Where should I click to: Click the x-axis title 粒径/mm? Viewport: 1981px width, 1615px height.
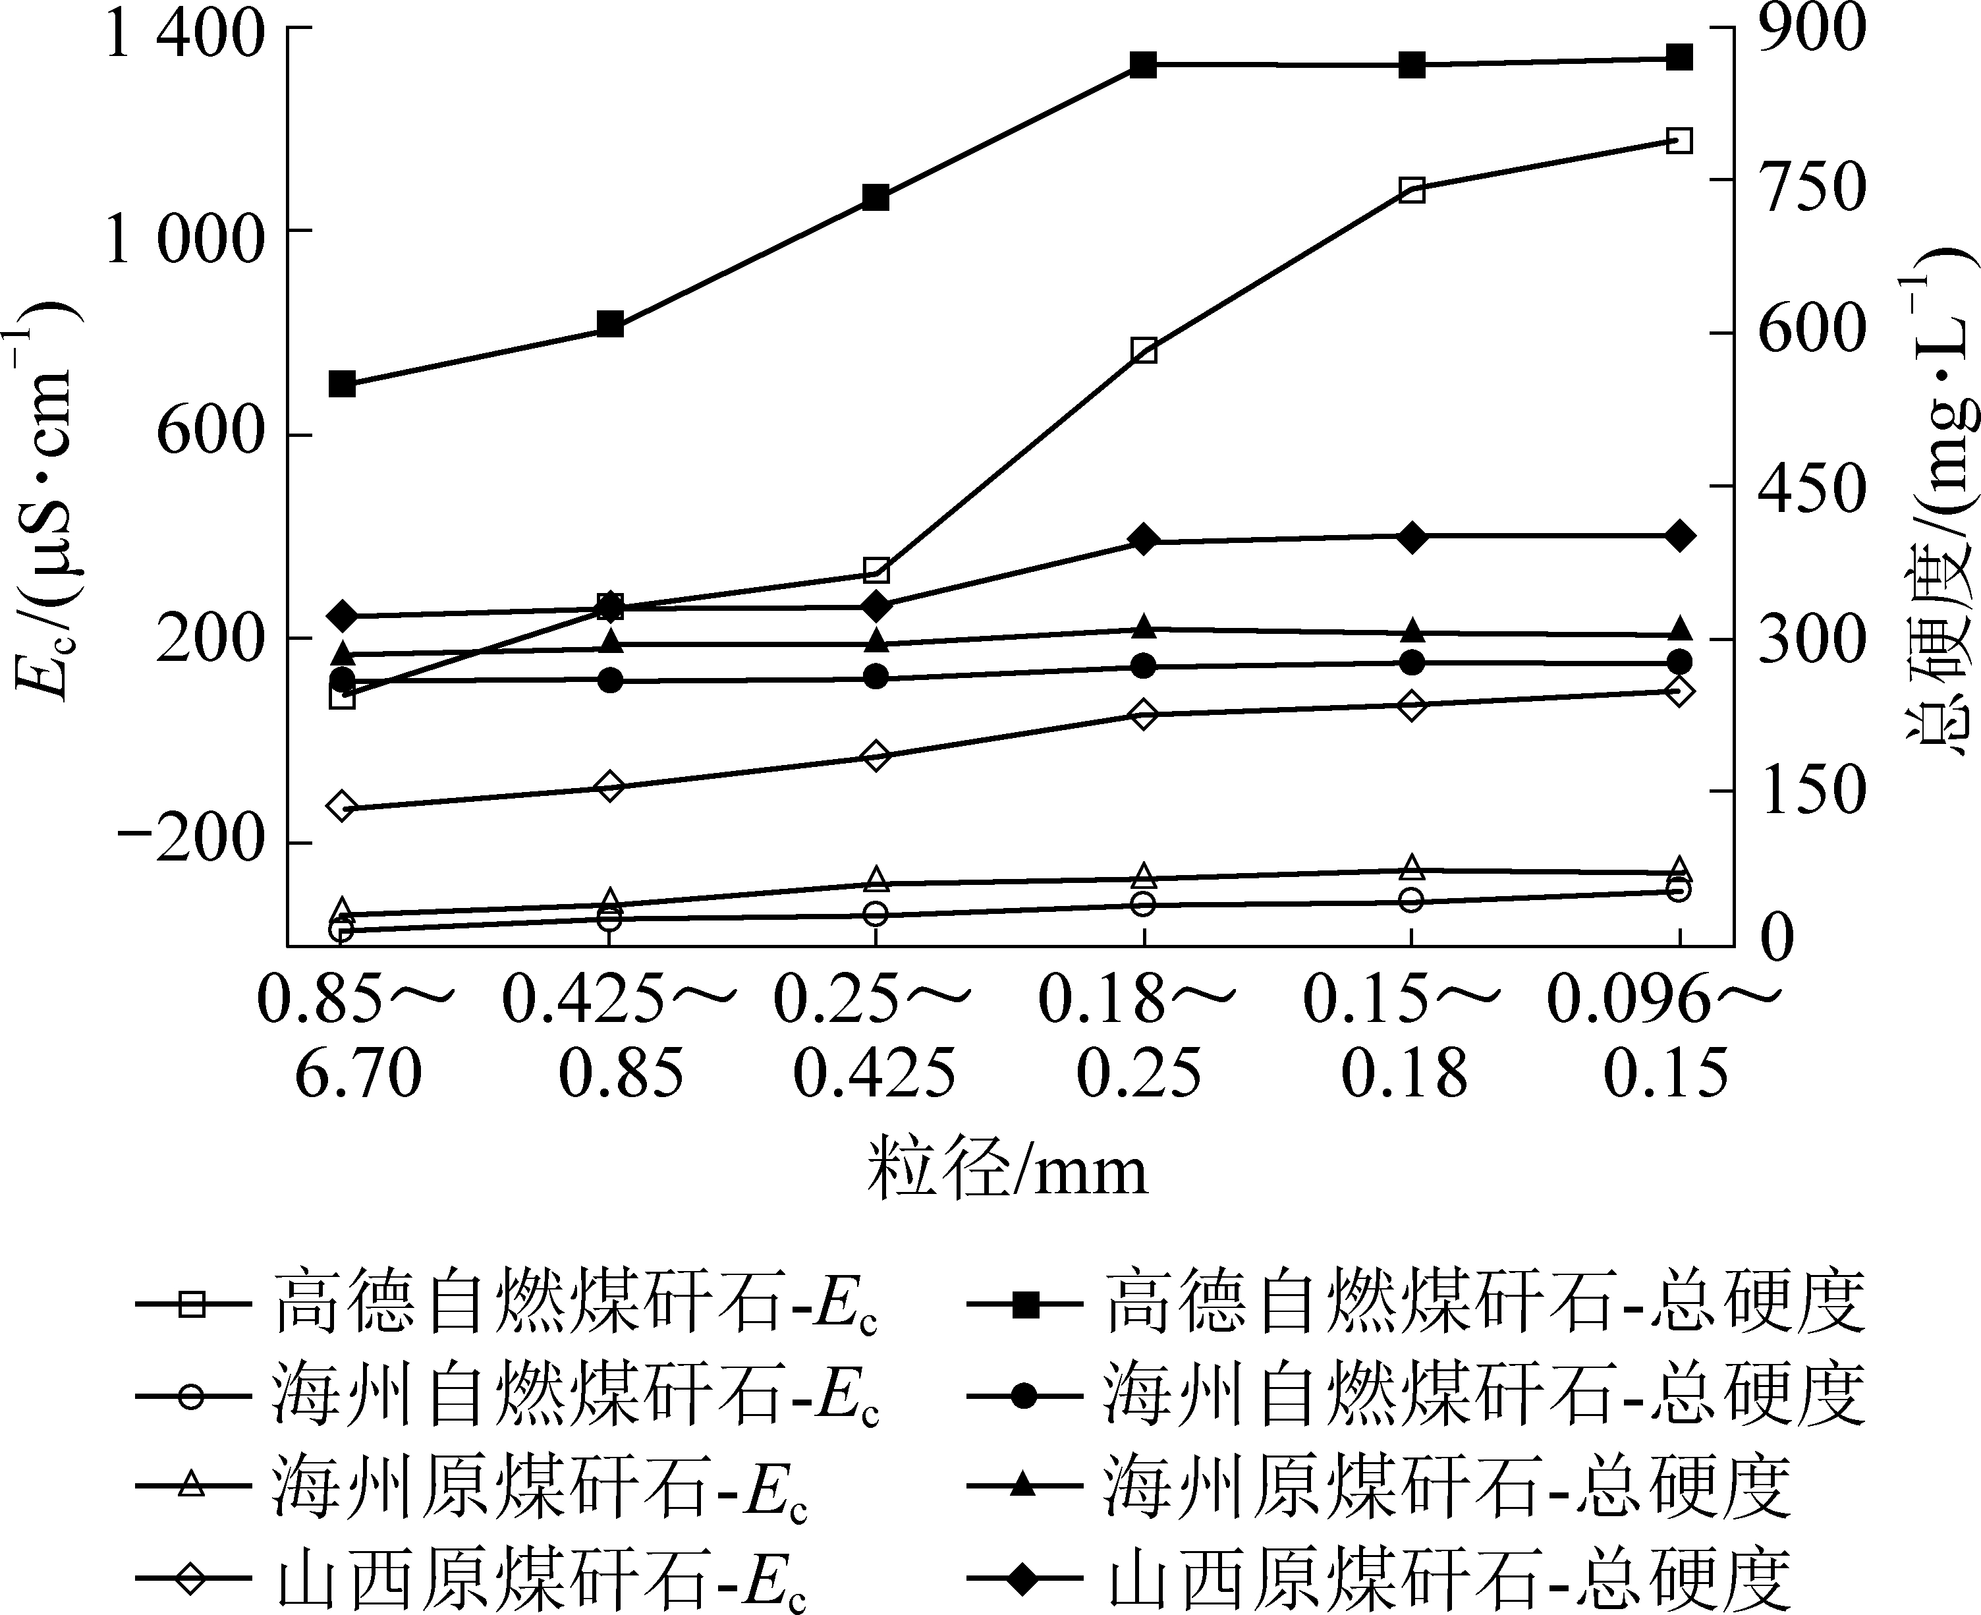click(1007, 1170)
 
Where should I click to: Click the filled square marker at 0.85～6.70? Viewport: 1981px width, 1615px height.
click(343, 383)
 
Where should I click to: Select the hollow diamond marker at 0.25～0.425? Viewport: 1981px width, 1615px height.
click(875, 754)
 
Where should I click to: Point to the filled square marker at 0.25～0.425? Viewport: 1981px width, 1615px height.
click(875, 197)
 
